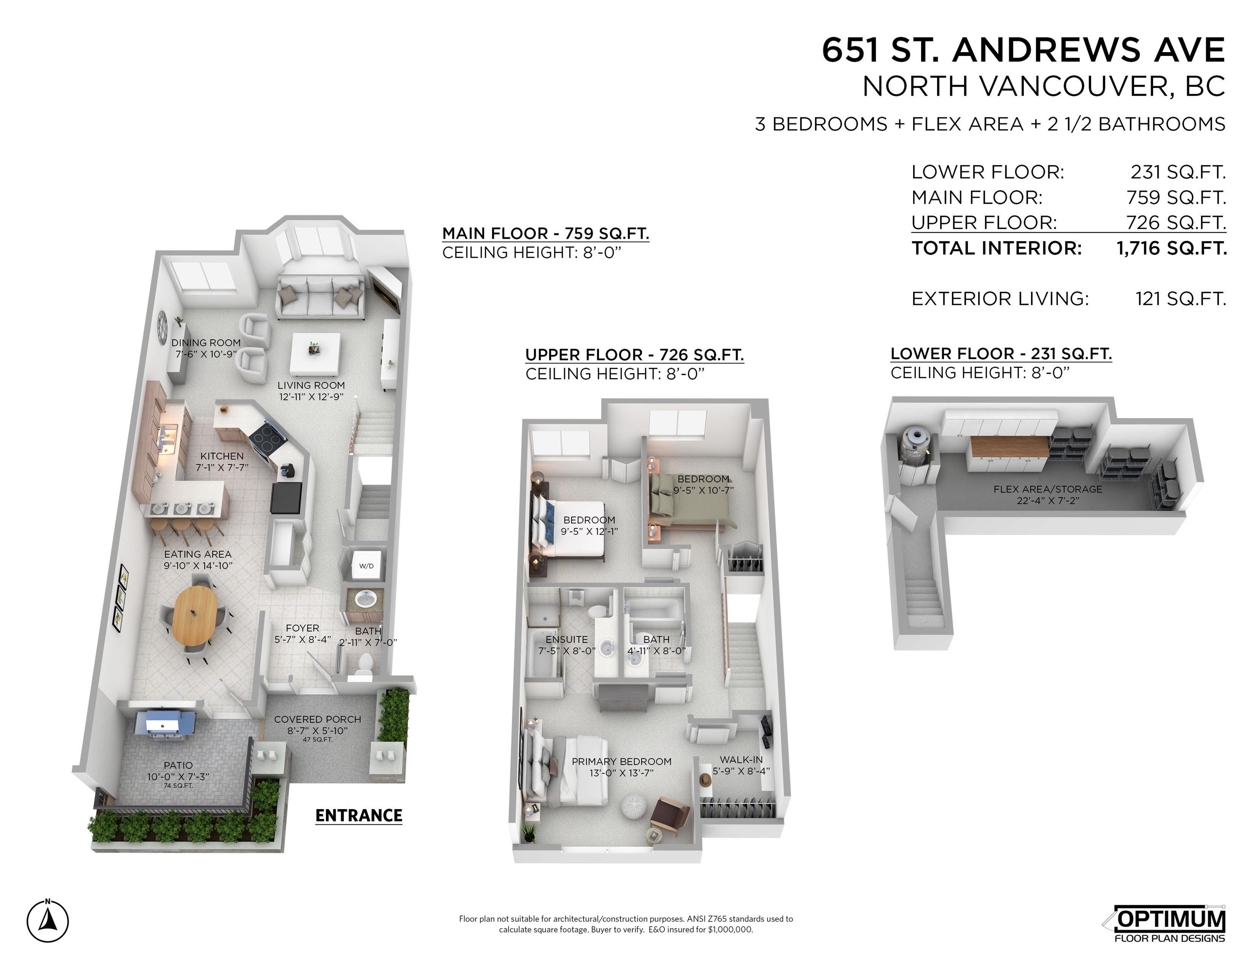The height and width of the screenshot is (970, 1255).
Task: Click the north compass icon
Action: [x=48, y=921]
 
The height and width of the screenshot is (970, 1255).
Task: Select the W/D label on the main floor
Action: [x=366, y=565]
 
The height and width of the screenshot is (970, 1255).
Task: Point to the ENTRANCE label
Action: [x=359, y=815]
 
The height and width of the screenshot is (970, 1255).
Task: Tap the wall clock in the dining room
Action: [x=162, y=322]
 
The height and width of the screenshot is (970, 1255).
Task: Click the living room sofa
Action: [x=320, y=294]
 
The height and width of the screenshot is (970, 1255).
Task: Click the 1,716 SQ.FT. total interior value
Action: [x=1171, y=248]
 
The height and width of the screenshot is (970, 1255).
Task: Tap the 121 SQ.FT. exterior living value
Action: [x=1180, y=299]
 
